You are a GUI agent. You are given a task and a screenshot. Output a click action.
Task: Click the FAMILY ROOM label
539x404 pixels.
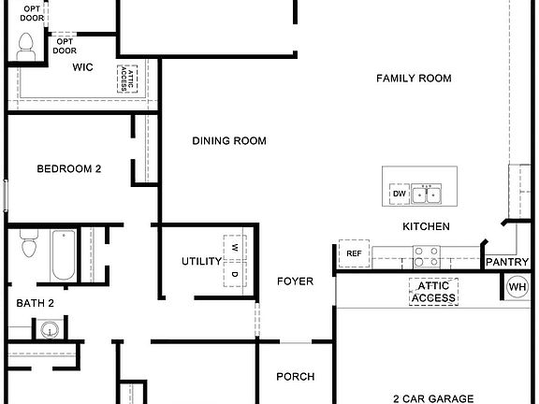tap(414, 79)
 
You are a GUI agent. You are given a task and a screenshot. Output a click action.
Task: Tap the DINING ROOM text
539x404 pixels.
tap(229, 141)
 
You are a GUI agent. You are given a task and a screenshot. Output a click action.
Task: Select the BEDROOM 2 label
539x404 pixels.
tap(68, 169)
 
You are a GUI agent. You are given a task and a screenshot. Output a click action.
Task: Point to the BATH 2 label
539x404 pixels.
tap(36, 303)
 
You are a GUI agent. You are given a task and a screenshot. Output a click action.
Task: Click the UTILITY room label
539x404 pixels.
tap(201, 262)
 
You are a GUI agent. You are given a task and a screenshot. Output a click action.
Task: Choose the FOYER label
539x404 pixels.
tap(295, 281)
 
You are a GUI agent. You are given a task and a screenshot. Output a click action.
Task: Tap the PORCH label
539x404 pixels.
tap(295, 377)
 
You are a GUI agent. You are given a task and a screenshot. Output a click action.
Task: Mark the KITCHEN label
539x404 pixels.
tap(426, 226)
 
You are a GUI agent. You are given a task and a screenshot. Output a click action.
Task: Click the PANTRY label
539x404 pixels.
tap(507, 263)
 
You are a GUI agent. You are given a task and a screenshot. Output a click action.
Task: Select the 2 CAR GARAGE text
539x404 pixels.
tap(432, 397)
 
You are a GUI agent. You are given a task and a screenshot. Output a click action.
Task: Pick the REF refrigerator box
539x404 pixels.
tap(354, 253)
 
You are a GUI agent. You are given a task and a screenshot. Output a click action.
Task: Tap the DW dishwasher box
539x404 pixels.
tap(400, 195)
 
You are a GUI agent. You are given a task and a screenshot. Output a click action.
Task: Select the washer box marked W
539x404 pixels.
tap(234, 247)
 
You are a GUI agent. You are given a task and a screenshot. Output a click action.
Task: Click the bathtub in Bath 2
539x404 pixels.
tap(64, 255)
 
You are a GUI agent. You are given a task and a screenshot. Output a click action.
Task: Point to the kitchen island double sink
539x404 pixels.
tap(429, 195)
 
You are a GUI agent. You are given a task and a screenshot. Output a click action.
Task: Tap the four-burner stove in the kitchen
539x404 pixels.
tap(428, 252)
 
